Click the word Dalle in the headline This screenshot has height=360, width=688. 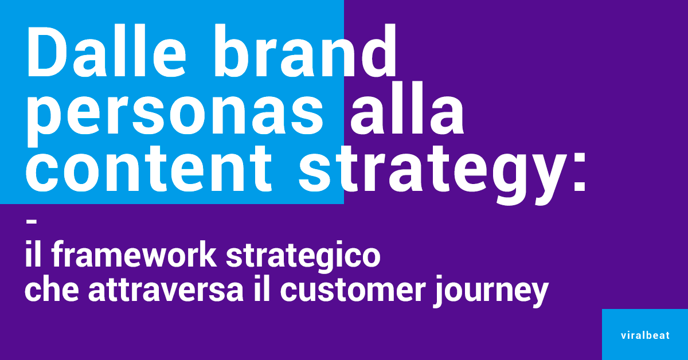107,51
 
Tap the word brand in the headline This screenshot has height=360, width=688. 305,50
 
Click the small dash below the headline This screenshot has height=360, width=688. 32,221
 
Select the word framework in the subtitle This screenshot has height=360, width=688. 134,255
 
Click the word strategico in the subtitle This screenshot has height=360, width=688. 303,257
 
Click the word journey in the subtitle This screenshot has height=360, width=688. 491,291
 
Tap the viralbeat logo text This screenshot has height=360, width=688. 645,335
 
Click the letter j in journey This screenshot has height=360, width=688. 438,291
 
